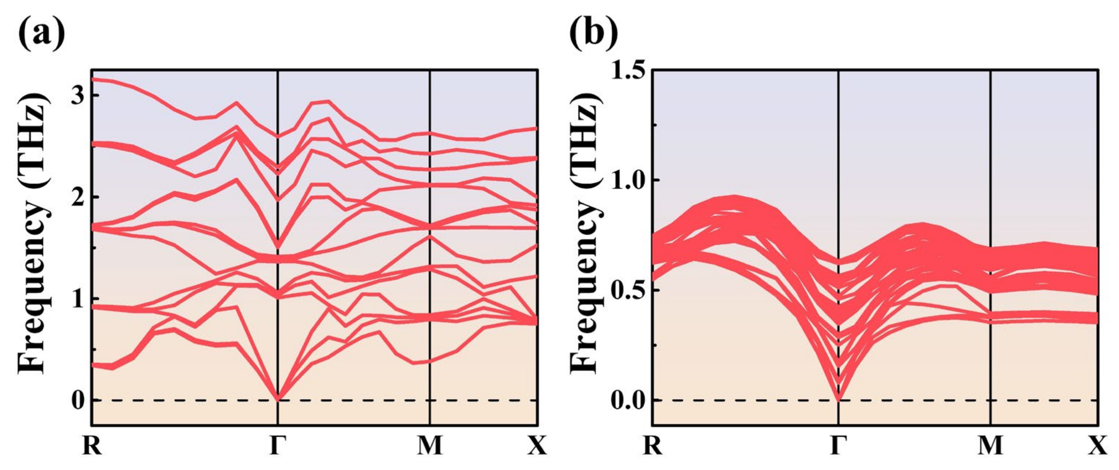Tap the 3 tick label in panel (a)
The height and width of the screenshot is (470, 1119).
[x=78, y=95]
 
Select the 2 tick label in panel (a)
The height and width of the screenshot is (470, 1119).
[x=78, y=197]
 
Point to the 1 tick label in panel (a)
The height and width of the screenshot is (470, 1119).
[x=78, y=298]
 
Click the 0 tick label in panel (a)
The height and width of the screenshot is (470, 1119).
[x=78, y=400]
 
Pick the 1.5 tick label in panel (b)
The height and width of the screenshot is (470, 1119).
[x=627, y=70]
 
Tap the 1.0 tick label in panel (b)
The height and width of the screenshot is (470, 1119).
[x=627, y=180]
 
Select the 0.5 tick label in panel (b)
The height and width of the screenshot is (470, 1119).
[x=627, y=290]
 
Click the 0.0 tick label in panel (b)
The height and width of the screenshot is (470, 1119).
[x=627, y=400]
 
